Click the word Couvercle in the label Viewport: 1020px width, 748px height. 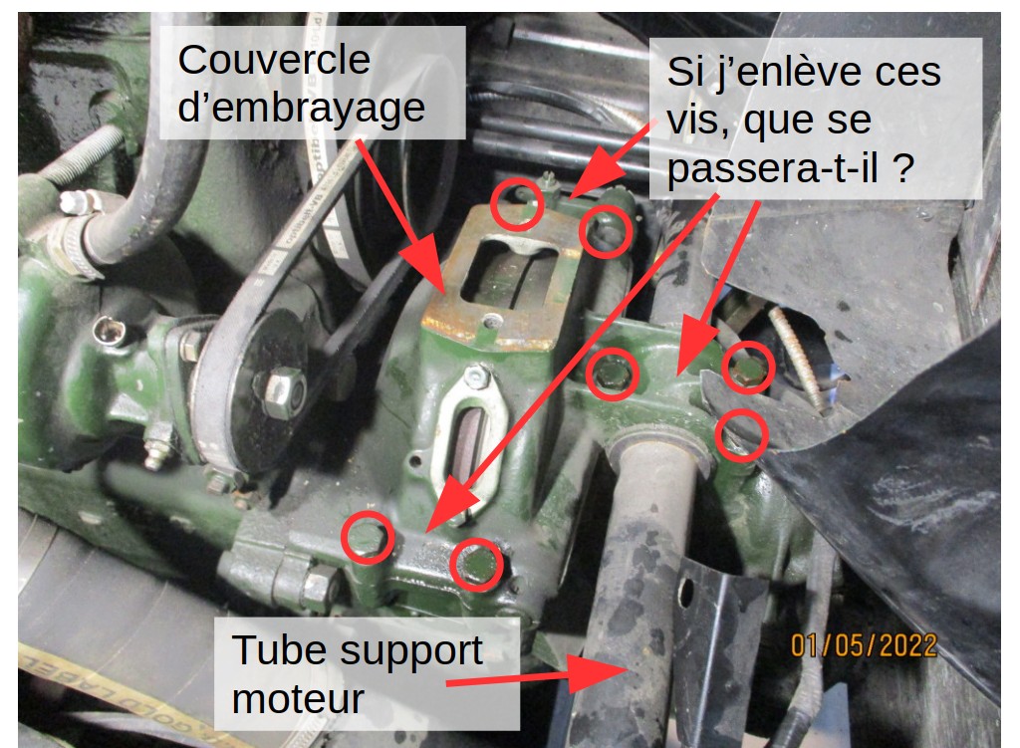coord(274,60)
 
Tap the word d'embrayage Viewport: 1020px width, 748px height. coord(301,108)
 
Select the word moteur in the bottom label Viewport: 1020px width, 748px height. coord(297,699)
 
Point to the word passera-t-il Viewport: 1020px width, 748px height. coord(773,168)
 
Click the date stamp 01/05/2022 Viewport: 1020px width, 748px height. coord(864,645)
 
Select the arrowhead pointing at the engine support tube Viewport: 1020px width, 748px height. coord(597,674)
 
